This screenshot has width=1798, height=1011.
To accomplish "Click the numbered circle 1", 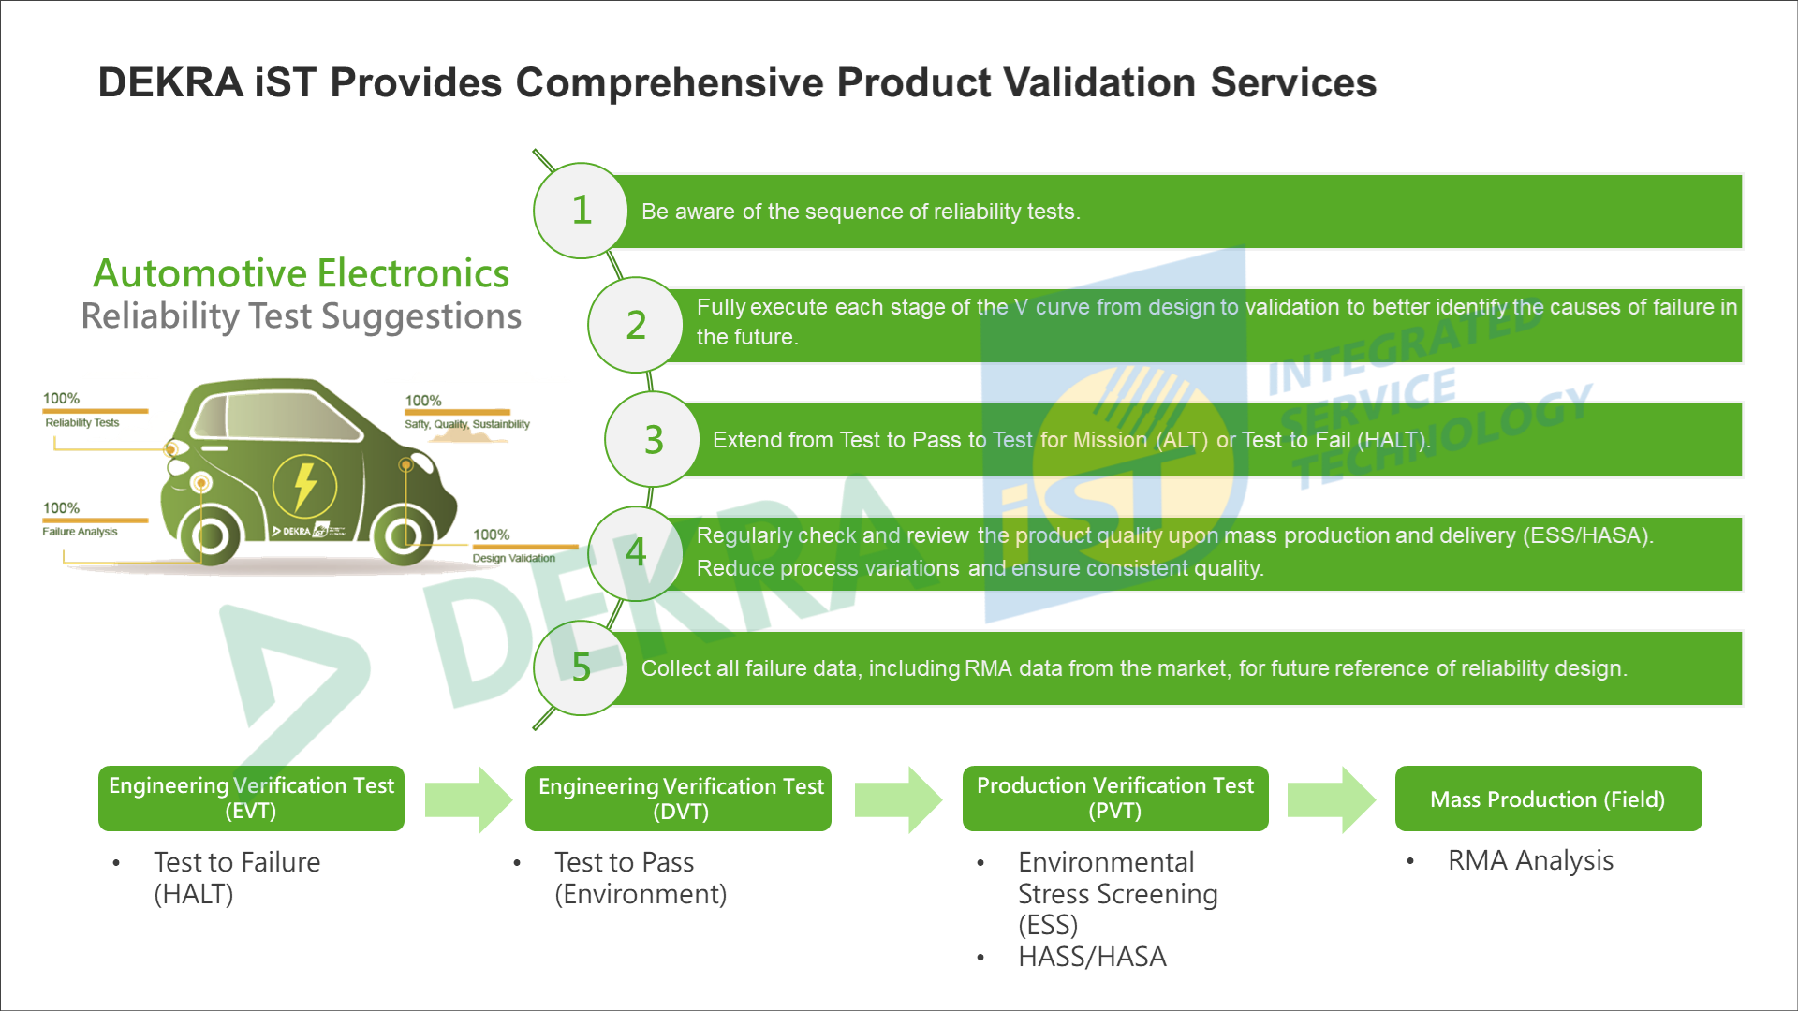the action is click(581, 211).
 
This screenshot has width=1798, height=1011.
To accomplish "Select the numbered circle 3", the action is click(653, 439).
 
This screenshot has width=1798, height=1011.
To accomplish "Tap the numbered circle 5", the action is click(581, 667).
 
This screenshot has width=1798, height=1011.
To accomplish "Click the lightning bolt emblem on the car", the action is click(304, 486).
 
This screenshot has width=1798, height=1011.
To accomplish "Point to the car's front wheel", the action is click(210, 536).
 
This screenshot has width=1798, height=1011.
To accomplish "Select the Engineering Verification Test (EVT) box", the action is click(251, 799).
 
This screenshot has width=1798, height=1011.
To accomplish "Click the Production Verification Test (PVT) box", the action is click(1115, 799).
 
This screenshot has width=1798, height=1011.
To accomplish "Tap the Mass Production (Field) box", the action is click(1549, 799).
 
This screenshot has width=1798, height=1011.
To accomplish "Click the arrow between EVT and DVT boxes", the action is click(468, 799).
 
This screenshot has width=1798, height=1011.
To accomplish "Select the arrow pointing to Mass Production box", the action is click(1332, 799).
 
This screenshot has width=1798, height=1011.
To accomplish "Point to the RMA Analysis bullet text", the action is click(1530, 860).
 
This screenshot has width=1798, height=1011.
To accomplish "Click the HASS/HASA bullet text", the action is click(1092, 957).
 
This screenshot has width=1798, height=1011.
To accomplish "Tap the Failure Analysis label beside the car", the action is click(80, 532).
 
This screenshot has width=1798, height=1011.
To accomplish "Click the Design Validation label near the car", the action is click(513, 558).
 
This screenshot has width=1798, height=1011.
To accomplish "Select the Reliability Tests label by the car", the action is click(82, 422).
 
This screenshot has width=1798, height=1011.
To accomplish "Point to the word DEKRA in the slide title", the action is click(170, 82).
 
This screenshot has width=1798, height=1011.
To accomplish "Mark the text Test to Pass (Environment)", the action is click(641, 878).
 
